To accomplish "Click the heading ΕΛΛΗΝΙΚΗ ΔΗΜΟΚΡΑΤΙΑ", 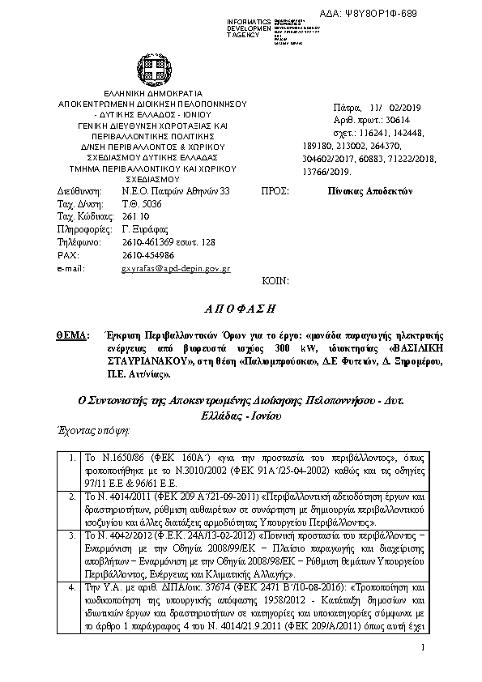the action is click(x=147, y=94).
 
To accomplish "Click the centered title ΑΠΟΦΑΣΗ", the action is click(x=241, y=309).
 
